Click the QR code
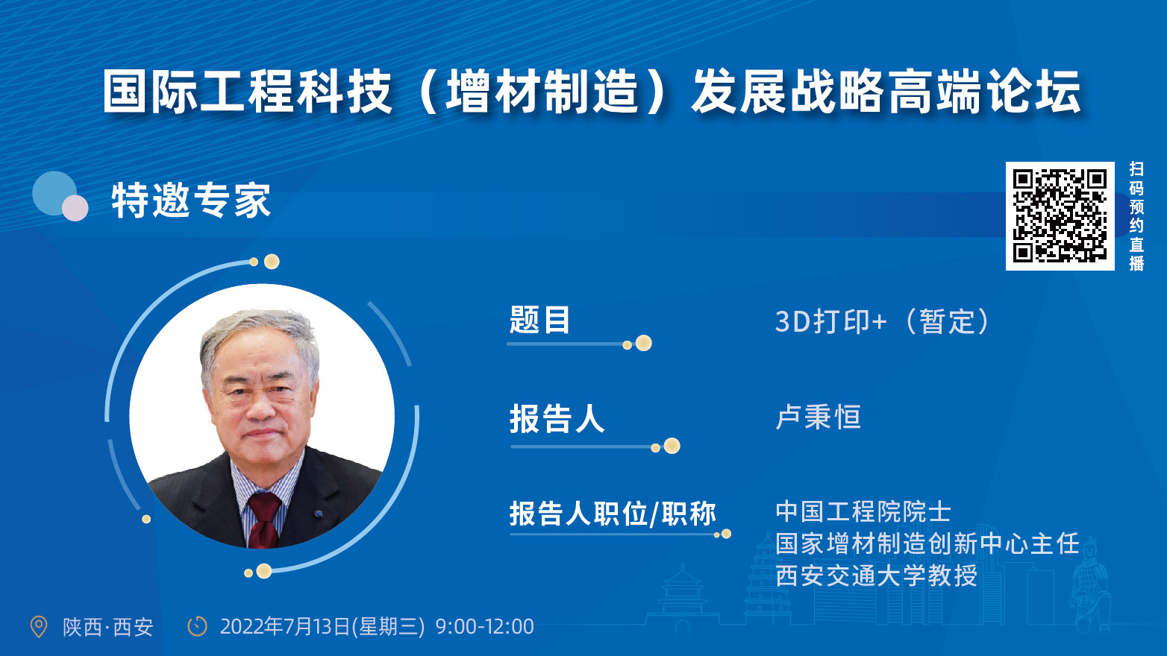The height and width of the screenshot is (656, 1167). click(x=1060, y=216)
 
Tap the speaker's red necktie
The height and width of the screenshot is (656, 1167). click(x=264, y=520)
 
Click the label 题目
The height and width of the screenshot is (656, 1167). click(x=539, y=319)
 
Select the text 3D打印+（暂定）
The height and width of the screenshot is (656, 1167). click(x=882, y=321)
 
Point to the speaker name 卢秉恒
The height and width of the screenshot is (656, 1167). click(x=818, y=417)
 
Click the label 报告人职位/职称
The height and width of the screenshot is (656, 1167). click(x=613, y=514)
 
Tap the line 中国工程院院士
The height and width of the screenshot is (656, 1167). click(x=863, y=511)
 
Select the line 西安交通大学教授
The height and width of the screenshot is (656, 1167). click(x=876, y=575)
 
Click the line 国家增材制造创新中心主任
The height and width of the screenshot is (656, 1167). click(x=927, y=543)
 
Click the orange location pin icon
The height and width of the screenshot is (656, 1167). click(x=39, y=626)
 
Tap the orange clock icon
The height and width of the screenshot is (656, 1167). click(x=197, y=626)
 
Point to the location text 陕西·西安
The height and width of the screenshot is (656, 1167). click(x=108, y=628)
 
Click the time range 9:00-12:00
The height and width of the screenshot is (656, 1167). click(x=484, y=627)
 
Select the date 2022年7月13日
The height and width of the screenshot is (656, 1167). click(x=285, y=627)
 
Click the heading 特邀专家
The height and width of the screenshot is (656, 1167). click(x=191, y=200)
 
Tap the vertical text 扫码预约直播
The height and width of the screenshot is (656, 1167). click(x=1136, y=216)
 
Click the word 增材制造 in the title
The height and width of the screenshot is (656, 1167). click(x=541, y=92)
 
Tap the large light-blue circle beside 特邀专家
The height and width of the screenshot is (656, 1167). click(x=54, y=193)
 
